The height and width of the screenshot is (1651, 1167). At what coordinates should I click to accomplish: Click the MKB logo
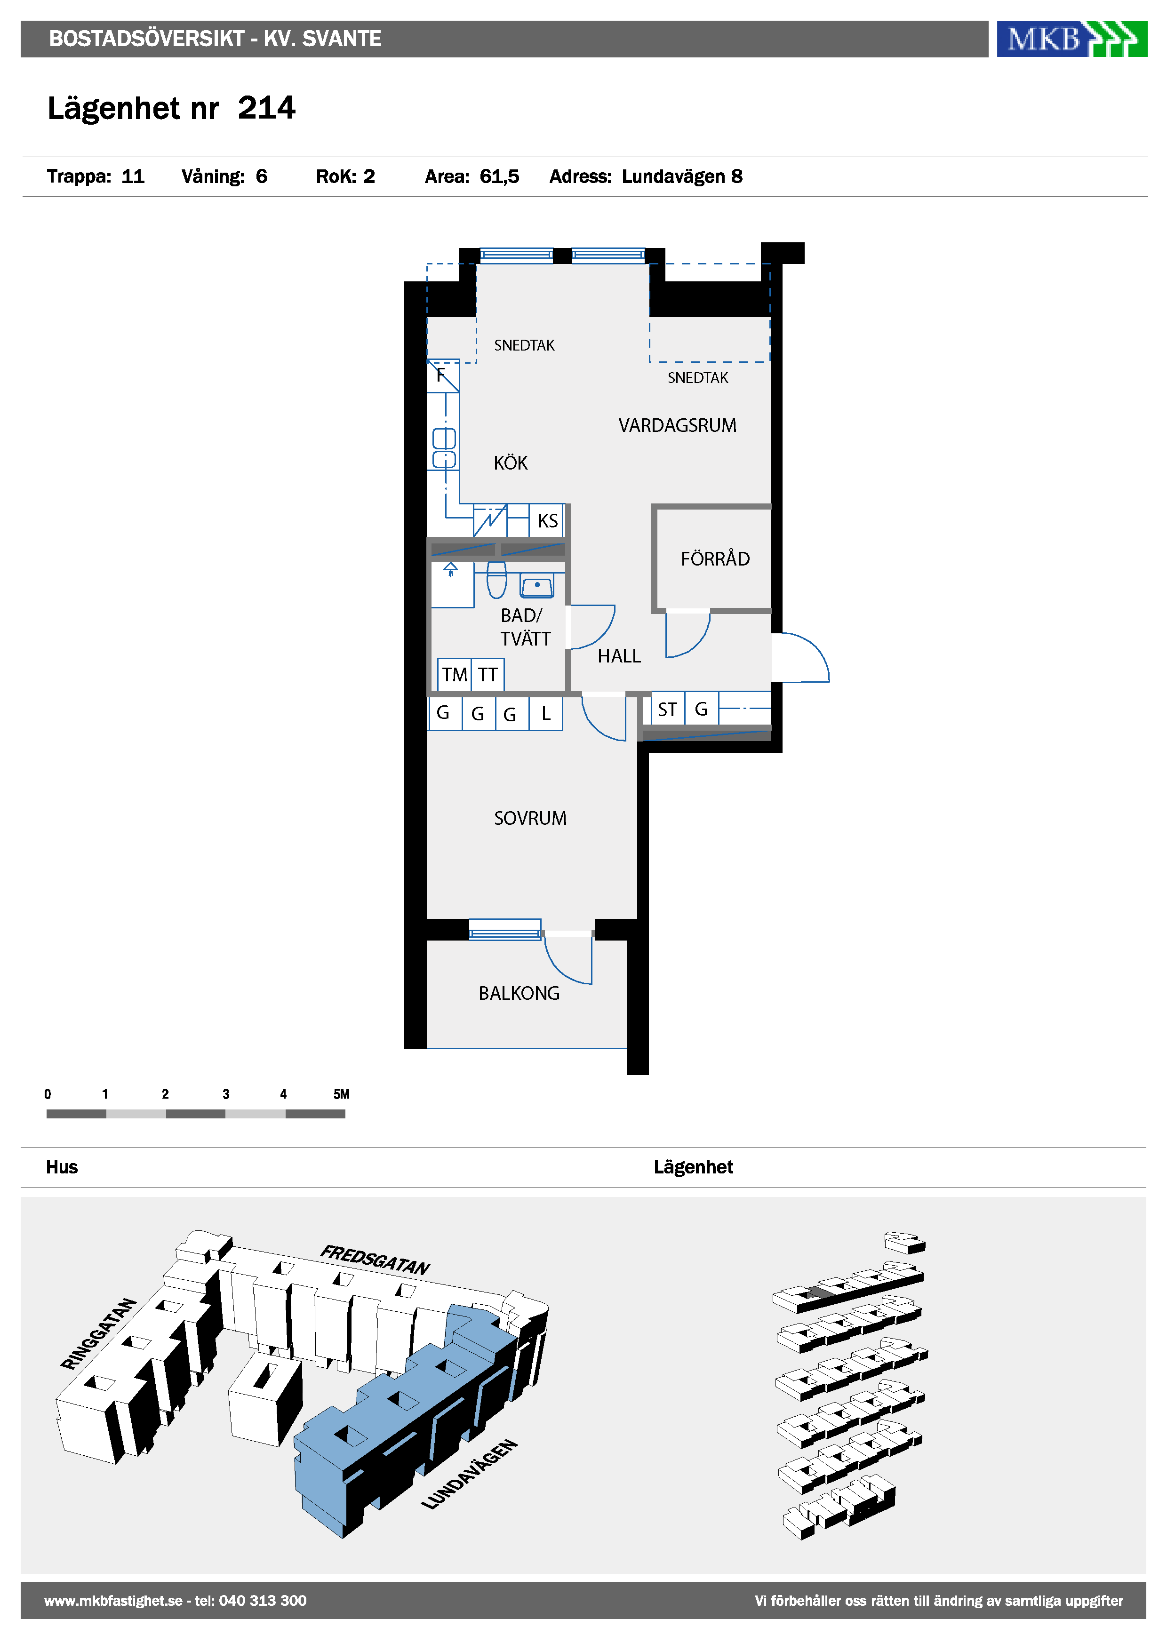pyautogui.click(x=1071, y=39)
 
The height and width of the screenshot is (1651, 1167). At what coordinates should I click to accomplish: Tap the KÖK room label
pyautogui.click(x=511, y=463)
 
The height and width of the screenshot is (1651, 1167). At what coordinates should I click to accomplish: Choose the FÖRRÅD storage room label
pyautogui.click(x=715, y=558)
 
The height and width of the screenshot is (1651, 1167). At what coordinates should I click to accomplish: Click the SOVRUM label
pyautogui.click(x=530, y=818)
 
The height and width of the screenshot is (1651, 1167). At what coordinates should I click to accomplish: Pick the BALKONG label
pyautogui.click(x=519, y=993)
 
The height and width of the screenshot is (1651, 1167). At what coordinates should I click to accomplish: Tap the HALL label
pyautogui.click(x=619, y=656)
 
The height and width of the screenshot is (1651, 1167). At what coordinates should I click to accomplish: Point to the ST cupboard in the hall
pyautogui.click(x=667, y=709)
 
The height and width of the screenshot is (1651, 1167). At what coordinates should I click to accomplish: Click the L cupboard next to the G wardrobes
pyautogui.click(x=546, y=713)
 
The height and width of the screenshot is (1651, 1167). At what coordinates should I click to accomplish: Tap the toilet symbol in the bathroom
pyautogui.click(x=496, y=580)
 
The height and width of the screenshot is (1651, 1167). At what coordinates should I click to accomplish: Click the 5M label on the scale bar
pyautogui.click(x=342, y=1094)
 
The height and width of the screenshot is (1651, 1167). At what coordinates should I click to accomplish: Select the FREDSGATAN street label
pyautogui.click(x=375, y=1260)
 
